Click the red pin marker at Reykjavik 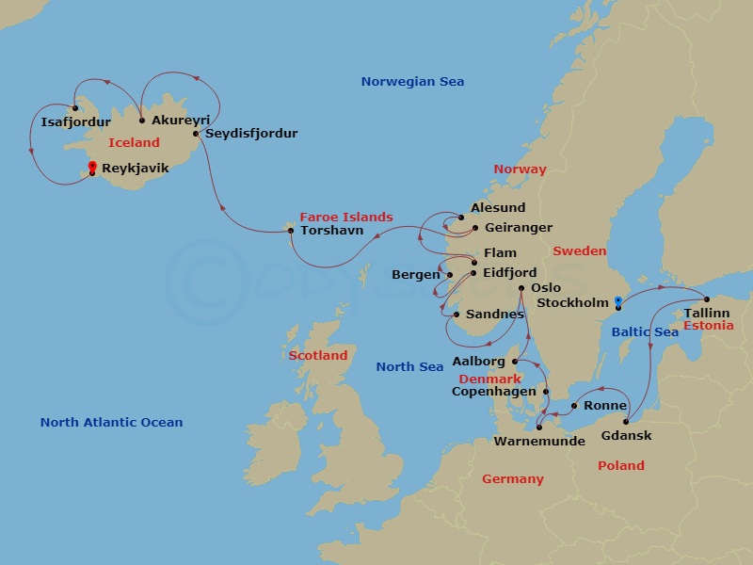(x=91, y=168)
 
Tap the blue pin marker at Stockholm (x=617, y=302)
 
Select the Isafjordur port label (x=76, y=121)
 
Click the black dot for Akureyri (x=141, y=120)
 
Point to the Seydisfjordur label (x=251, y=133)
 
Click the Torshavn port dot (x=290, y=231)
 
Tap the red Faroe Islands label (x=345, y=217)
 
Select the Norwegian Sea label (x=412, y=82)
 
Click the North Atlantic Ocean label (x=111, y=423)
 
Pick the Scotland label (x=318, y=356)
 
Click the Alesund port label (x=497, y=208)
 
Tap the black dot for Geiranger (x=474, y=228)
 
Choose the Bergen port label (x=416, y=275)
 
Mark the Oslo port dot (x=521, y=288)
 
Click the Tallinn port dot (x=707, y=299)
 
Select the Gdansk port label (x=626, y=435)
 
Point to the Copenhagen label (x=494, y=391)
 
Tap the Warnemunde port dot (x=538, y=427)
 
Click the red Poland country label (x=621, y=465)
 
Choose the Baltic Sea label (x=645, y=331)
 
